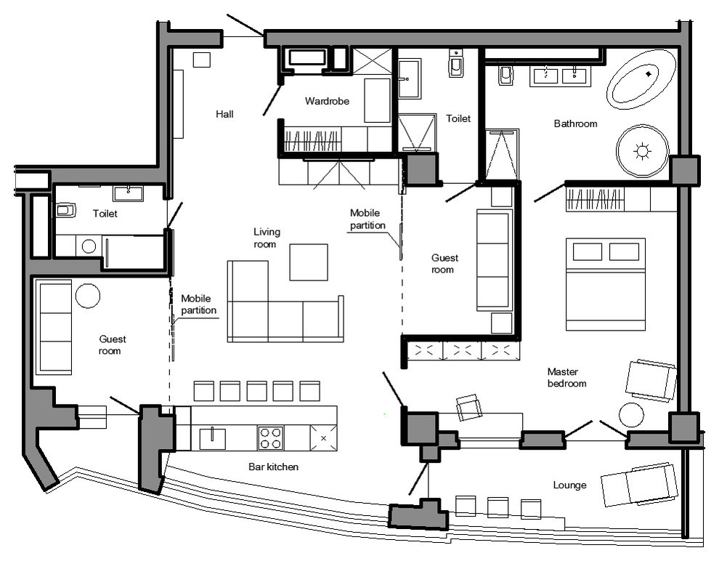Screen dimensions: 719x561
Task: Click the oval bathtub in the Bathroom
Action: click(x=641, y=79)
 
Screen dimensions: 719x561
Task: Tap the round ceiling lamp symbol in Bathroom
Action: click(x=642, y=151)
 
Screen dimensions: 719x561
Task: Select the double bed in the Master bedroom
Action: click(x=605, y=284)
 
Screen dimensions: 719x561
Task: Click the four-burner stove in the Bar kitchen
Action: click(x=271, y=437)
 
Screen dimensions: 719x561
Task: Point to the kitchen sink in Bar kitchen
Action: click(x=212, y=438)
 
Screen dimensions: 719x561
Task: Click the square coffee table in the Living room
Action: click(x=309, y=262)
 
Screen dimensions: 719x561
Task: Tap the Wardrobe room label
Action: click(x=327, y=101)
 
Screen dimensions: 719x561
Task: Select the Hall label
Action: click(x=224, y=114)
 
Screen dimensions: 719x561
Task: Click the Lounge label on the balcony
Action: click(x=569, y=485)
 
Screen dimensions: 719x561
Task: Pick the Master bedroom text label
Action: click(x=566, y=378)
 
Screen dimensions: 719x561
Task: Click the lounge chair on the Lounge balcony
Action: click(x=639, y=485)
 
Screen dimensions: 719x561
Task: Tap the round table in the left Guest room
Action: click(x=88, y=296)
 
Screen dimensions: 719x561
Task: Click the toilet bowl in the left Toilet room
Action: click(x=65, y=211)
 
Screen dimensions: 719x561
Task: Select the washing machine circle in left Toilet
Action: click(x=89, y=246)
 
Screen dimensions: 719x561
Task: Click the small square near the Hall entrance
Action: click(x=201, y=60)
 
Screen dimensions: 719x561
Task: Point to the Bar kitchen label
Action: click(x=273, y=467)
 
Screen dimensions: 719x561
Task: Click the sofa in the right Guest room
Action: click(x=495, y=261)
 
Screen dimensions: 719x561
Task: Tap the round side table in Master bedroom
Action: click(x=631, y=415)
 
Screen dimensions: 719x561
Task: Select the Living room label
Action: click(x=267, y=238)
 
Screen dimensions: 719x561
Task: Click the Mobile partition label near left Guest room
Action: click(x=198, y=304)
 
